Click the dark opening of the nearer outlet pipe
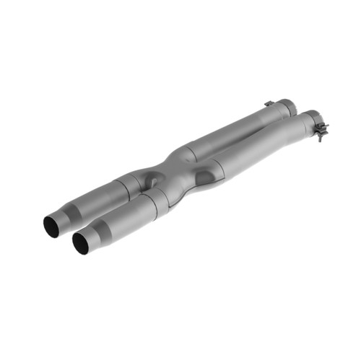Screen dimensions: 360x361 pyautogui.click(x=82, y=243)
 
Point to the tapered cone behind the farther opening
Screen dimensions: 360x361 pyautogui.click(x=68, y=214)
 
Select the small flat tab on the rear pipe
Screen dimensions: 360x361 pyautogui.click(x=268, y=105)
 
